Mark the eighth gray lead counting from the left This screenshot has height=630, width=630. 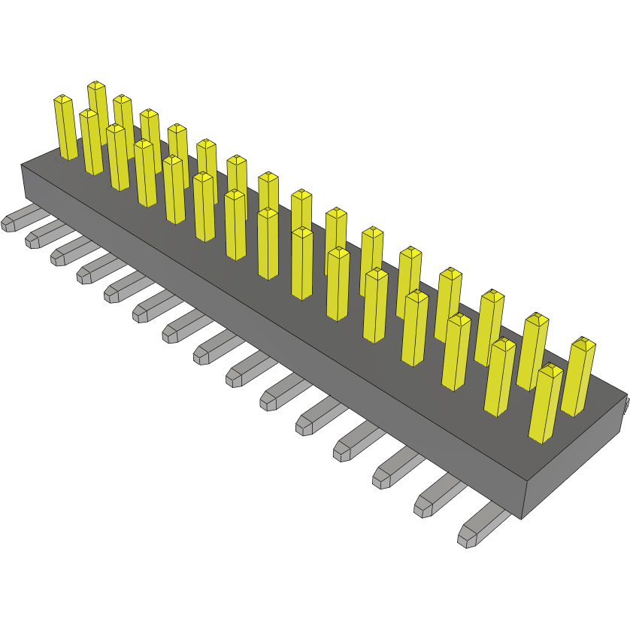tap(211, 347)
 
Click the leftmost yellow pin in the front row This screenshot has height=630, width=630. tap(65, 128)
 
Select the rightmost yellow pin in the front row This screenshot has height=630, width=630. tap(547, 404)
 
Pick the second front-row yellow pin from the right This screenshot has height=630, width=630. tap(500, 377)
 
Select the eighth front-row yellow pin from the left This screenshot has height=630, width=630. tap(268, 244)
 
